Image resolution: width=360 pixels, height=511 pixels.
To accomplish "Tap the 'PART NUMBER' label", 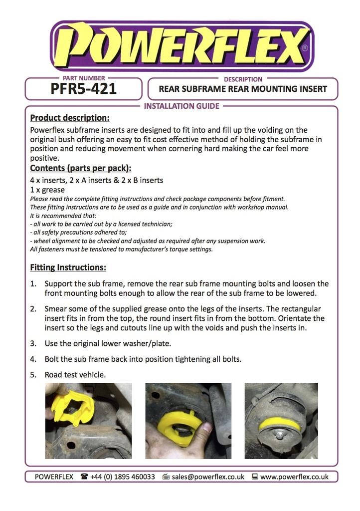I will tap(84, 78).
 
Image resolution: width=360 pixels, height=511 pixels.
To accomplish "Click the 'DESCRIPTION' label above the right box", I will tap(243, 79).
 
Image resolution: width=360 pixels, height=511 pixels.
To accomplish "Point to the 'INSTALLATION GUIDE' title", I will tap(181, 106).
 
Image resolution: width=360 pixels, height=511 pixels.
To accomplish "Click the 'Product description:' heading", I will tap(69, 118).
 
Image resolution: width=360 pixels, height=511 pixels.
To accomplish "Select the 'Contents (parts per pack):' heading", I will tap(80, 168).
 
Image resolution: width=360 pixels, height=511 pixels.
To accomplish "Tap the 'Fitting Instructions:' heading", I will tap(68, 267).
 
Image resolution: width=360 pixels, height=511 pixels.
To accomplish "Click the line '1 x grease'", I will tap(48, 190).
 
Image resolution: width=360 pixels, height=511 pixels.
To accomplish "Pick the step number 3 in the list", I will tap(33, 343).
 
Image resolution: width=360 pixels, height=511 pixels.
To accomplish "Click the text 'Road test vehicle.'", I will tap(75, 374).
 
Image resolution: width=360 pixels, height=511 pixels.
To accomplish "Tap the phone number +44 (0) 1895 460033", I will tap(123, 477).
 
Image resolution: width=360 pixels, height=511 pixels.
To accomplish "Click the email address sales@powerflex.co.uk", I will tap(208, 477).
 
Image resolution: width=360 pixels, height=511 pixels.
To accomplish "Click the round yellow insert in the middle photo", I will tap(180, 424).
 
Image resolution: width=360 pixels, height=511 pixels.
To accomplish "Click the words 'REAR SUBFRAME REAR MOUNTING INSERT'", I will tap(243, 89).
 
